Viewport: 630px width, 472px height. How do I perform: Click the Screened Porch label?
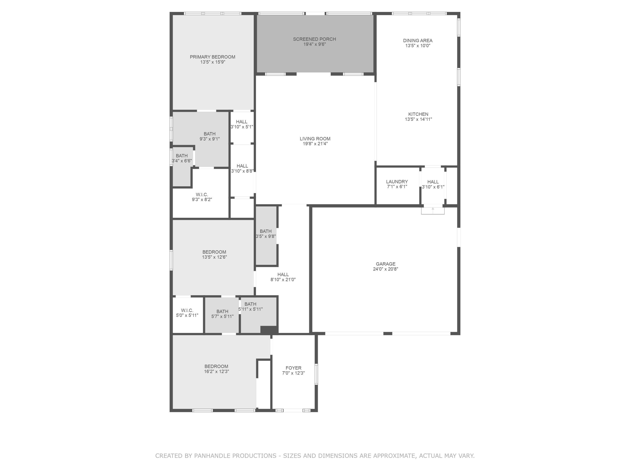pos(314,39)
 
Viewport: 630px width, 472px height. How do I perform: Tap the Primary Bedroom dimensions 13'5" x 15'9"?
pos(213,62)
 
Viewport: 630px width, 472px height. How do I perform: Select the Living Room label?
pos(315,139)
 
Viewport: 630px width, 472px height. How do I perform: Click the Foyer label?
pos(293,368)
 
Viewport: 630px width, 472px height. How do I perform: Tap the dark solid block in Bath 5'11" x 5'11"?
pos(269,330)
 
